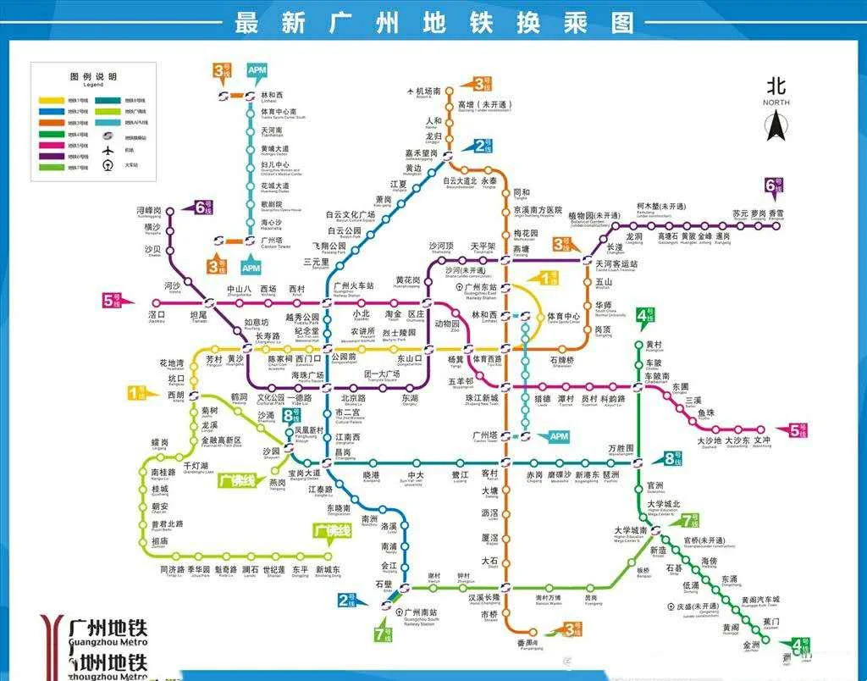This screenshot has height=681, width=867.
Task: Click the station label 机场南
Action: (x=429, y=91)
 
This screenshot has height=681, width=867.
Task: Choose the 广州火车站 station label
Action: (x=354, y=286)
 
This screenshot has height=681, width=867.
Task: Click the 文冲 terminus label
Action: (x=761, y=440)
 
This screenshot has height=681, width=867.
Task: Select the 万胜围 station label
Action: (x=621, y=448)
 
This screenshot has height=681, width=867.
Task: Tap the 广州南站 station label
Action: (x=421, y=612)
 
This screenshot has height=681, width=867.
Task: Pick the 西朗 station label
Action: (x=175, y=395)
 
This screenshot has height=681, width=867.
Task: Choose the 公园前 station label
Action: (x=343, y=358)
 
